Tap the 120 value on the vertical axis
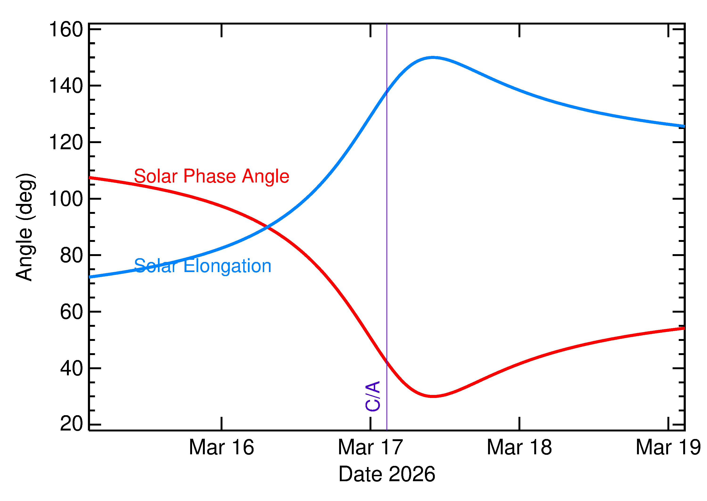pyautogui.click(x=66, y=143)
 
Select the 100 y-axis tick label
pyautogui.click(x=66, y=199)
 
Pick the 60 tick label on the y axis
pyautogui.click(x=72, y=312)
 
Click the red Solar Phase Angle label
pyautogui.click(x=212, y=176)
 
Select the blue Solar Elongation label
pyautogui.click(x=203, y=266)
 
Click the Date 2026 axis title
pyautogui.click(x=387, y=474)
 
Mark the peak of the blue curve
pyautogui.click(x=433, y=57)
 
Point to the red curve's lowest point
pyautogui.click(x=433, y=396)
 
